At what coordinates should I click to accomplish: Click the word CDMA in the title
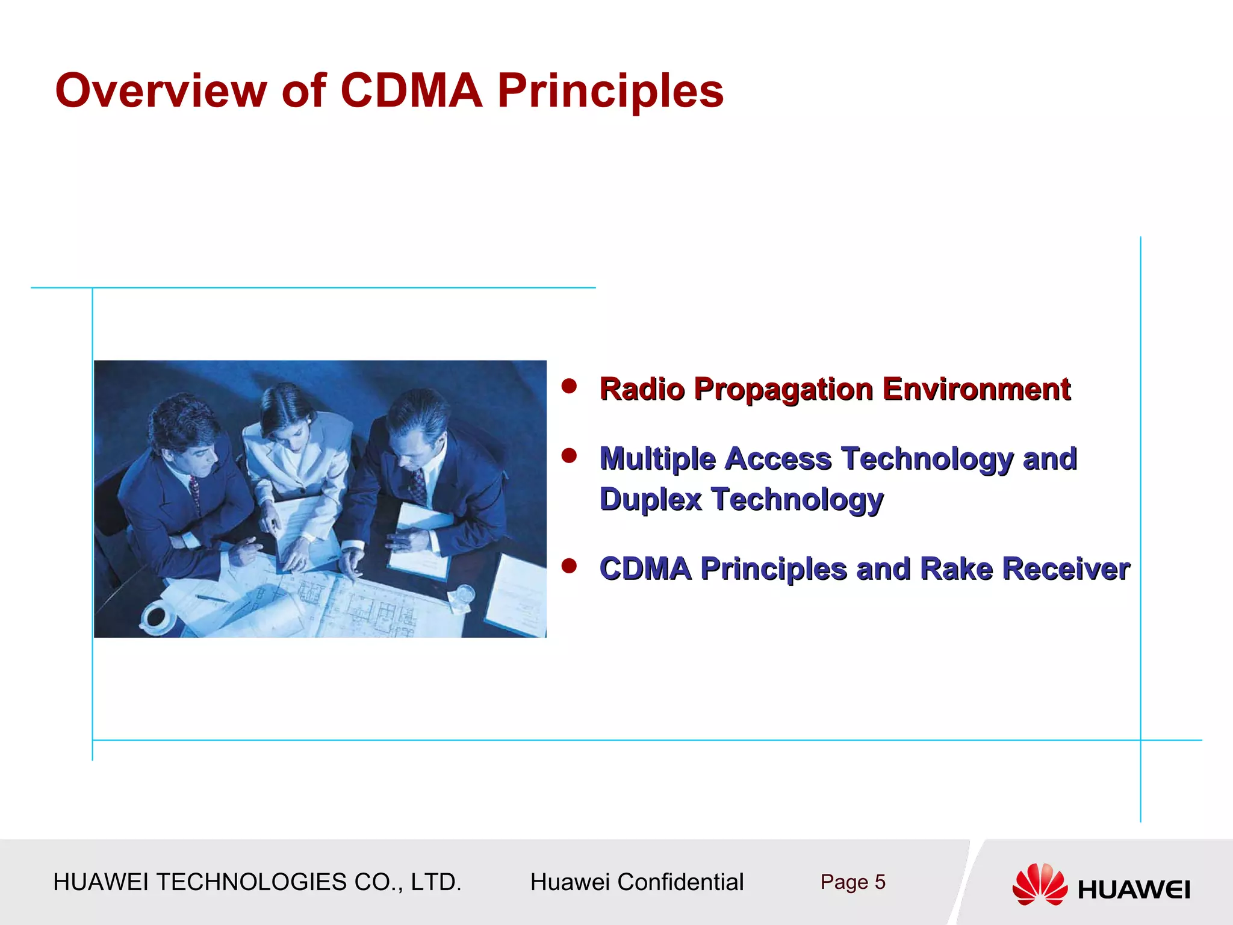point(411,90)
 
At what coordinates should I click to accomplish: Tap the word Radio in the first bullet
point(642,389)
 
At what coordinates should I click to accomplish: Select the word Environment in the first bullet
point(976,389)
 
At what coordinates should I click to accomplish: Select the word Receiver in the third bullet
point(1066,569)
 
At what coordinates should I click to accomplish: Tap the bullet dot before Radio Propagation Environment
point(569,386)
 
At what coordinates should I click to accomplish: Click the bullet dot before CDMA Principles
point(569,565)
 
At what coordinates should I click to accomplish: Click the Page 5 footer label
point(853,882)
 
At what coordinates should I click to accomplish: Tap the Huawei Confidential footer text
point(636,882)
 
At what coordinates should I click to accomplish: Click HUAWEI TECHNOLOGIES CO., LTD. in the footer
point(257,882)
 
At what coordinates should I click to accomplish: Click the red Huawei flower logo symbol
point(1039,884)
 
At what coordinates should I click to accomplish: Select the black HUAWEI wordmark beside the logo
point(1134,889)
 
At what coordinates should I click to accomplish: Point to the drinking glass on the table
point(465,596)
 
